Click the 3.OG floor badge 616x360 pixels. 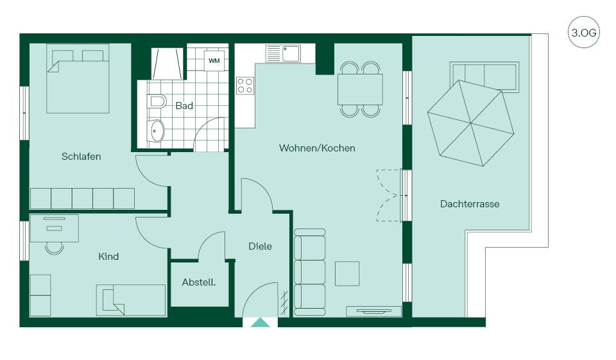(583, 32)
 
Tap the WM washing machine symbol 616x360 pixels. (214, 60)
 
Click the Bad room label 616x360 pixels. (184, 106)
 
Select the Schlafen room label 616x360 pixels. (81, 157)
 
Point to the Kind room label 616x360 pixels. (108, 257)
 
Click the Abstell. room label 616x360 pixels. (199, 282)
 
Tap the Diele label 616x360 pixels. (260, 246)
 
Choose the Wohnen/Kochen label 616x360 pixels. (317, 148)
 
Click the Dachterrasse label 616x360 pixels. (470, 204)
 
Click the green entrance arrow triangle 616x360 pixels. (260, 323)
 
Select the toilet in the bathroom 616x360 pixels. (157, 102)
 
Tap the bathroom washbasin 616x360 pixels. (157, 130)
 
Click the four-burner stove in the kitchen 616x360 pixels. (245, 86)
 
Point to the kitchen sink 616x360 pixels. (283, 54)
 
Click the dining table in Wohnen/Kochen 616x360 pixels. (360, 89)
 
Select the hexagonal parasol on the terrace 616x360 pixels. (470, 123)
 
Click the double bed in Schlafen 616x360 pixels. (78, 78)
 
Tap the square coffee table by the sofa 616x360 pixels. (347, 273)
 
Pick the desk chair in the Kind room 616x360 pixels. (54, 248)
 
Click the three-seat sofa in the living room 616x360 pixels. (309, 272)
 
